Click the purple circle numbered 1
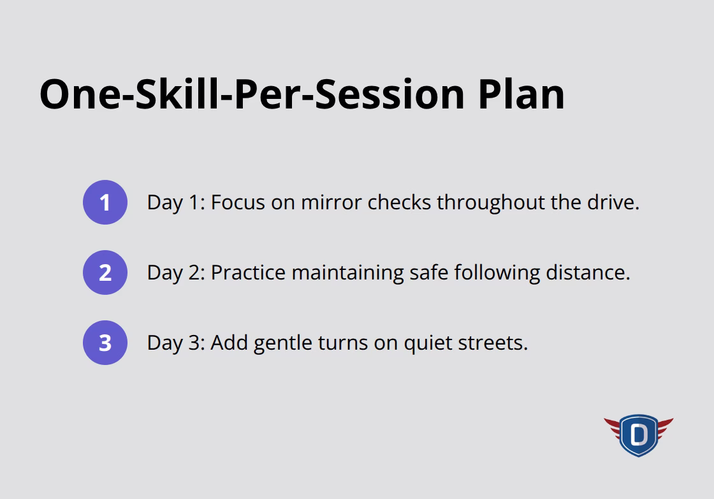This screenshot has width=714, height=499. [x=105, y=202]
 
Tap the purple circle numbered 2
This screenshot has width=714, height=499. [x=105, y=272]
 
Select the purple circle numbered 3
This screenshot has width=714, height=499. [x=105, y=343]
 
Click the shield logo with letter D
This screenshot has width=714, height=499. [x=638, y=435]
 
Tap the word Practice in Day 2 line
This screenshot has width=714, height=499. [x=248, y=272]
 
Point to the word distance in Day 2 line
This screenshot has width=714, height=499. [x=588, y=272]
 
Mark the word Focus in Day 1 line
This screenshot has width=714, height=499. [x=238, y=202]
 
